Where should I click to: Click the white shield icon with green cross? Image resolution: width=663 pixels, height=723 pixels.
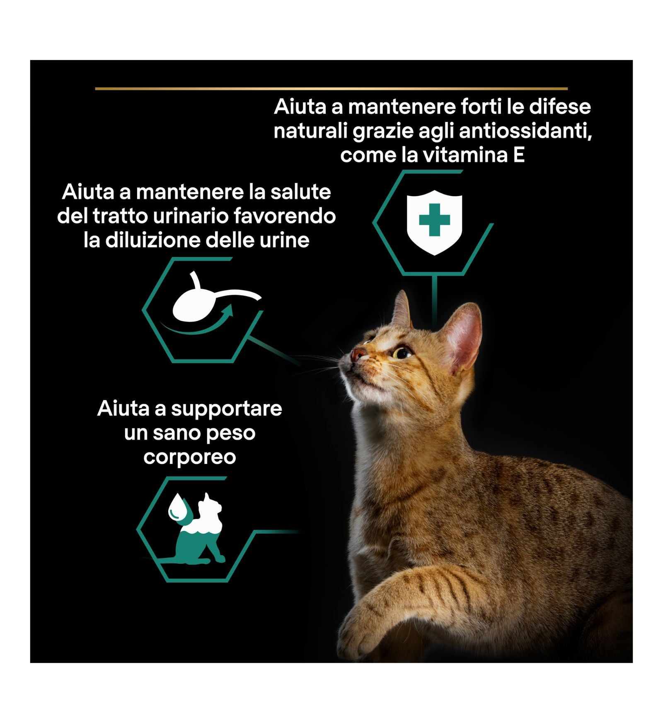pyautogui.click(x=434, y=222)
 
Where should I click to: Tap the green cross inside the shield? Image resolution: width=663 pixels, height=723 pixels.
pyautogui.click(x=434, y=219)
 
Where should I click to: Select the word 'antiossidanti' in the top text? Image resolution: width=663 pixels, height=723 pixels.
pyautogui.click(x=525, y=131)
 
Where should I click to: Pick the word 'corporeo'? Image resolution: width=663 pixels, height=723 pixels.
pyautogui.click(x=190, y=457)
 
